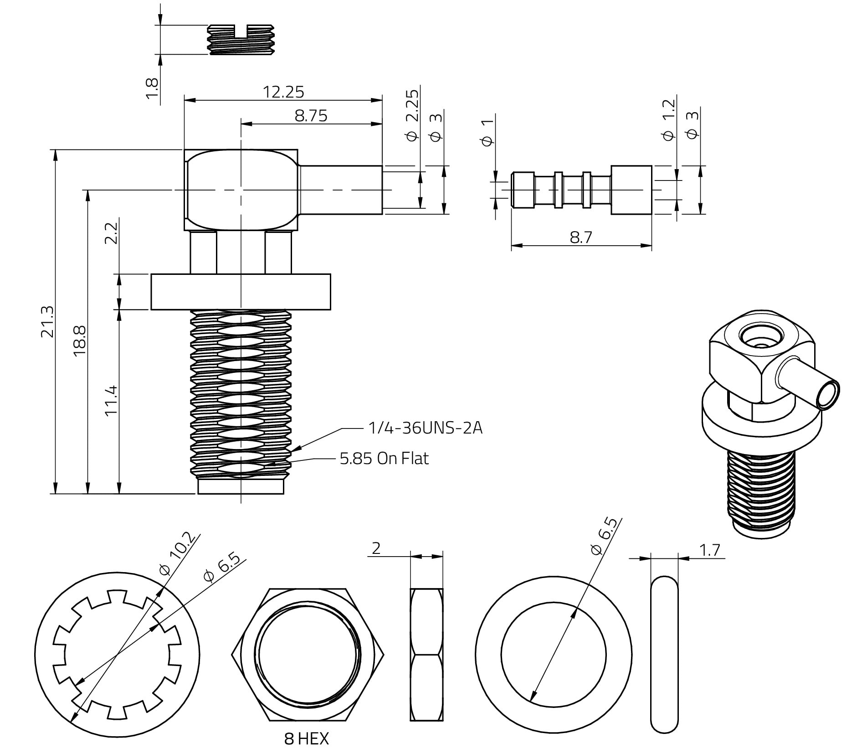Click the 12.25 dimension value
(283, 92)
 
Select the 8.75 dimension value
(311, 116)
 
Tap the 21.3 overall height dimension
(47, 321)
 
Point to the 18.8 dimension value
(79, 341)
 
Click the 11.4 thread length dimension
(111, 401)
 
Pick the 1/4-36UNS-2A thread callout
(425, 428)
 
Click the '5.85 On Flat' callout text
(384, 458)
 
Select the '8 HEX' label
(306, 739)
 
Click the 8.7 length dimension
(581, 237)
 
